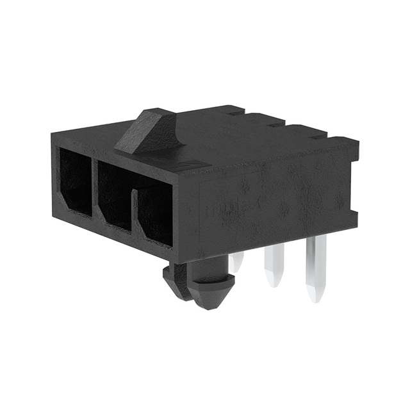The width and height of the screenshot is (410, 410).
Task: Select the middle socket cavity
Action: [x=114, y=195]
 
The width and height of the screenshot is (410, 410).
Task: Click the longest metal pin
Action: [x=316, y=269]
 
